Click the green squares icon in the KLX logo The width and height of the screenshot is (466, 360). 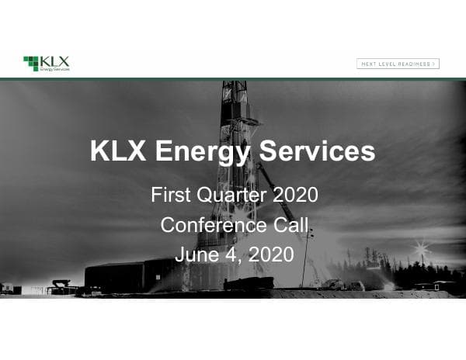[31, 63]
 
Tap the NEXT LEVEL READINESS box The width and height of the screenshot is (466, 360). [398, 64]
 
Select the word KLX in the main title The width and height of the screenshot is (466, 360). [119, 151]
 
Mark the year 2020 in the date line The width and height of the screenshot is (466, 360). [271, 254]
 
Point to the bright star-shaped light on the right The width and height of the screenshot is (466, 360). [423, 250]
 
